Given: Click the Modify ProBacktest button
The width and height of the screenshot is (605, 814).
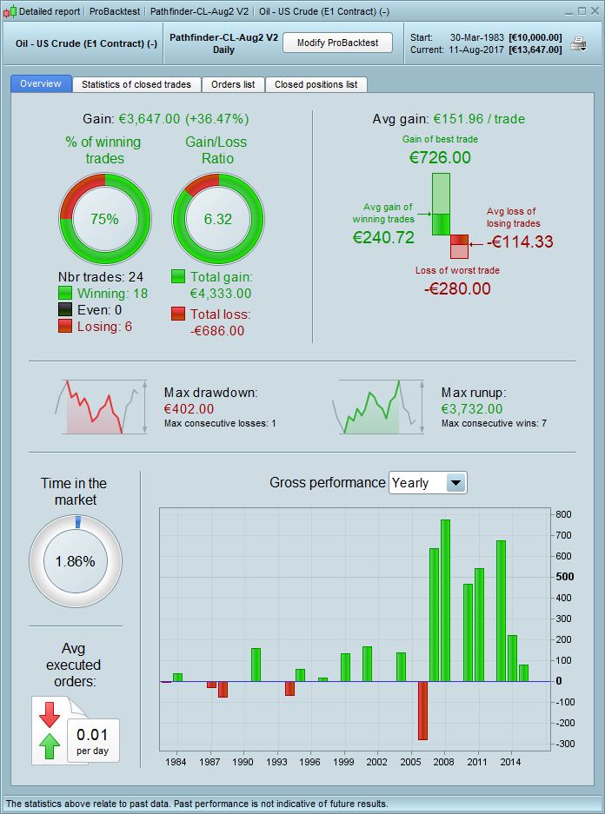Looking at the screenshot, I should tap(337, 43).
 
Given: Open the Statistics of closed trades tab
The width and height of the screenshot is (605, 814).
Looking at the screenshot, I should tap(136, 84).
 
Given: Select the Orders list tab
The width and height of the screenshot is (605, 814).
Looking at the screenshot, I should tap(233, 84).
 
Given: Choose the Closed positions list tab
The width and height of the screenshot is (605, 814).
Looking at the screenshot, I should tap(316, 84).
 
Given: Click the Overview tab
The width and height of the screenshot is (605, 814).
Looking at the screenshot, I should tap(41, 84).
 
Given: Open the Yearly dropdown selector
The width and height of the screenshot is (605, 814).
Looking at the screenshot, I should tap(428, 483).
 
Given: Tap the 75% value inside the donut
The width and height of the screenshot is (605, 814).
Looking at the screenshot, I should tap(104, 219).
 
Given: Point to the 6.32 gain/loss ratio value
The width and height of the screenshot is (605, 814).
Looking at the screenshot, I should tap(218, 219).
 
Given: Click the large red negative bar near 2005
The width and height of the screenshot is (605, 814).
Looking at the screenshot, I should tap(422, 711).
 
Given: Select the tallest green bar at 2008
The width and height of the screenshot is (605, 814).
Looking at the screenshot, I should tap(445, 600).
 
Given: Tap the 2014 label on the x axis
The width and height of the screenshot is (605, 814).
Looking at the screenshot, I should tap(511, 761).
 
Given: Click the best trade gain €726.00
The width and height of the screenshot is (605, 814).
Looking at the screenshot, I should tap(440, 157).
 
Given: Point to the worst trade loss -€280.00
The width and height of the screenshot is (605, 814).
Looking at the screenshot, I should tap(457, 288).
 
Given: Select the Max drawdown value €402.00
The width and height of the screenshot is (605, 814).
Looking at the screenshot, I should tap(189, 408).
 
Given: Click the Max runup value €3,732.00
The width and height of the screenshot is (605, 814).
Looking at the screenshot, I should tap(472, 408).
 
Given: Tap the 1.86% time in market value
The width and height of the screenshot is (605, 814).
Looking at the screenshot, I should tap(75, 561).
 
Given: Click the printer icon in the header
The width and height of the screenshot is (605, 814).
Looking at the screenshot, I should tap(578, 43).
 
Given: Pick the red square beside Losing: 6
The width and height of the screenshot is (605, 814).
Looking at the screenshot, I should tap(65, 326).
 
